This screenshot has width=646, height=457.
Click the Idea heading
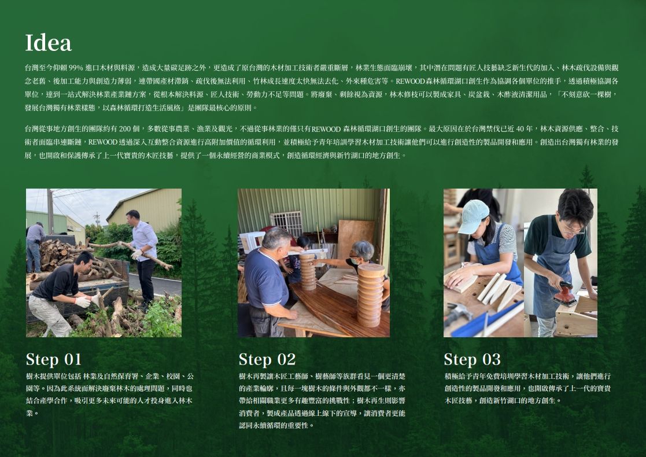click(x=48, y=43)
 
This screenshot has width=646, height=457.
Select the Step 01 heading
click(x=54, y=359)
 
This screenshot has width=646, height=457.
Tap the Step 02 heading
click(x=267, y=359)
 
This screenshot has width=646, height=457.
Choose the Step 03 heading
click(x=472, y=359)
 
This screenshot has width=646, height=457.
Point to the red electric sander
click(x=565, y=294)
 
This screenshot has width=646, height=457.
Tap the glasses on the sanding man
click(x=572, y=228)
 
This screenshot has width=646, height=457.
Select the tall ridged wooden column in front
click(x=370, y=295)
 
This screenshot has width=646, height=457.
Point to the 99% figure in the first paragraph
click(x=76, y=68)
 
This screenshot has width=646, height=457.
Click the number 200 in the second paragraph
click(x=124, y=129)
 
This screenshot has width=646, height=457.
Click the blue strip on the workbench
click(x=486, y=319)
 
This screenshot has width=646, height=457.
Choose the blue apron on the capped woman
click(x=497, y=252)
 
